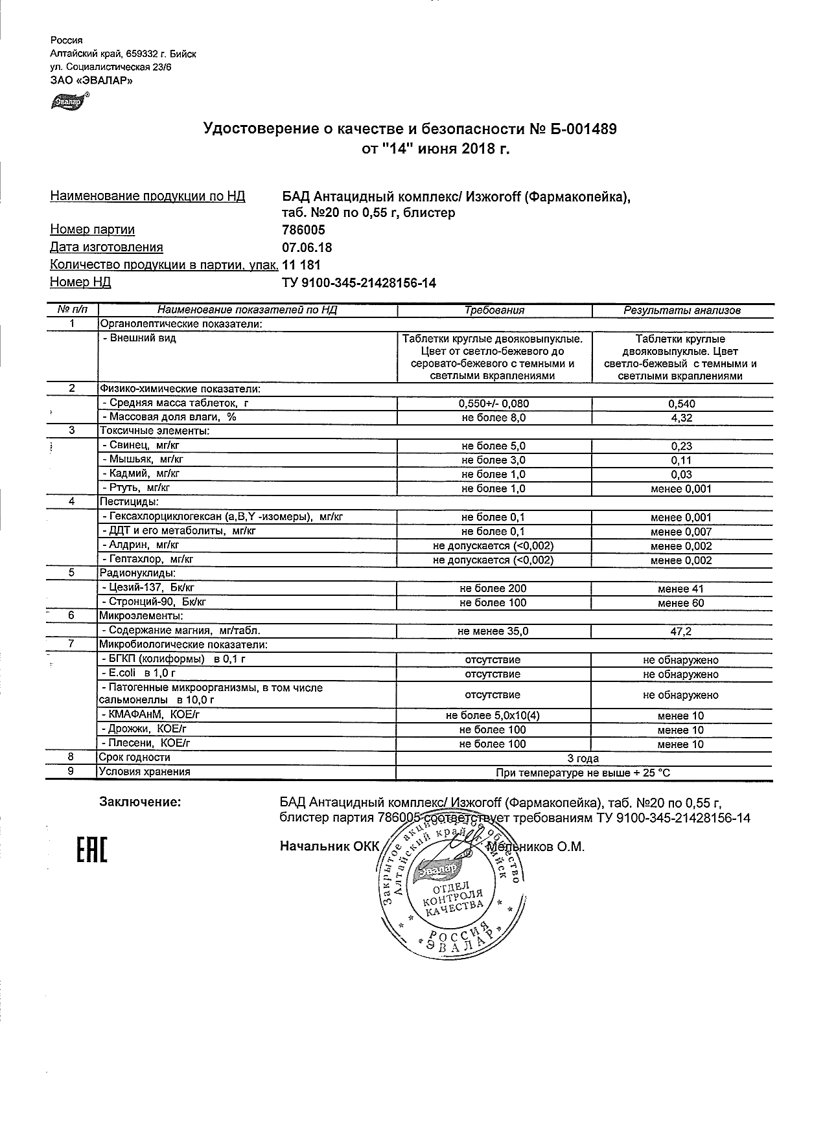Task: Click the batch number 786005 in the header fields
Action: click(x=304, y=230)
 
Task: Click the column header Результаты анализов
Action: click(x=682, y=310)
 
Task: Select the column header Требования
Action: click(x=494, y=310)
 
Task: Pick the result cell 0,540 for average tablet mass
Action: click(x=681, y=403)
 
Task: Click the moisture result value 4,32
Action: click(x=681, y=418)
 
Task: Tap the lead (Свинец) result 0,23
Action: click(x=681, y=446)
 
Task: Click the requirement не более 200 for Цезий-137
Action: click(x=493, y=589)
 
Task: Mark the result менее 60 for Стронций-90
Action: click(x=680, y=603)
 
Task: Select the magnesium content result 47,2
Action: click(x=681, y=631)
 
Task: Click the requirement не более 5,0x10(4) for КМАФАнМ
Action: click(x=493, y=716)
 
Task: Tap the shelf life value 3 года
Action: click(x=583, y=758)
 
